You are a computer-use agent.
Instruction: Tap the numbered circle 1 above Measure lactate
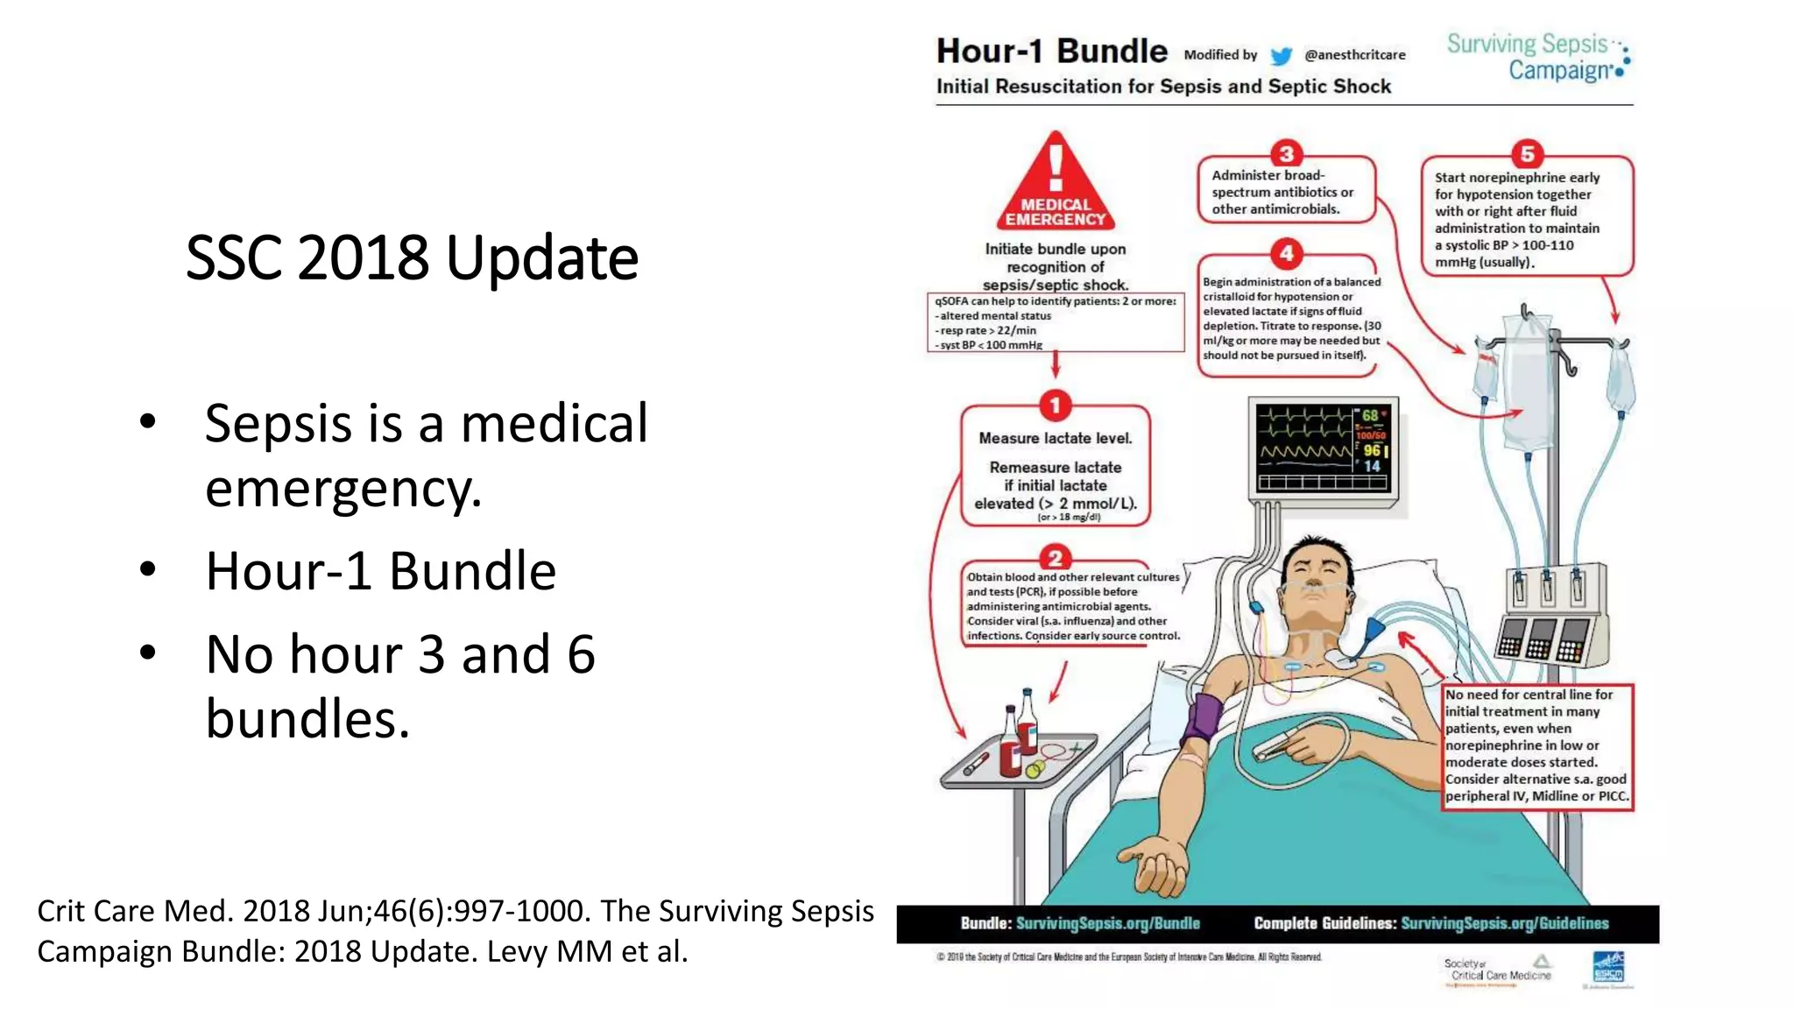click(1056, 406)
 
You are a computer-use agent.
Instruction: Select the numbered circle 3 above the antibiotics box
click(1286, 154)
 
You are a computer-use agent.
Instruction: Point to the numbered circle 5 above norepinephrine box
click(1527, 154)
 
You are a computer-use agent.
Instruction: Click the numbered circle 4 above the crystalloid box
click(1286, 254)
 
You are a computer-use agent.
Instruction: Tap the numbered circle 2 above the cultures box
click(1056, 558)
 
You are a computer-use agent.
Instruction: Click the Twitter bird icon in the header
click(1281, 56)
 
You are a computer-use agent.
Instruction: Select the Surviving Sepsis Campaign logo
click(1537, 57)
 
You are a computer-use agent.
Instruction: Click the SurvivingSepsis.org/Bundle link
click(1107, 923)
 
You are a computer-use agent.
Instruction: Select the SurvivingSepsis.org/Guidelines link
click(1504, 923)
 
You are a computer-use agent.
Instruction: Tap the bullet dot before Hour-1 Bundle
click(148, 570)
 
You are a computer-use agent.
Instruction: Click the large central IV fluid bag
click(1529, 385)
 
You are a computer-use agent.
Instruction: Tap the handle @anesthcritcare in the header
click(1354, 55)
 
